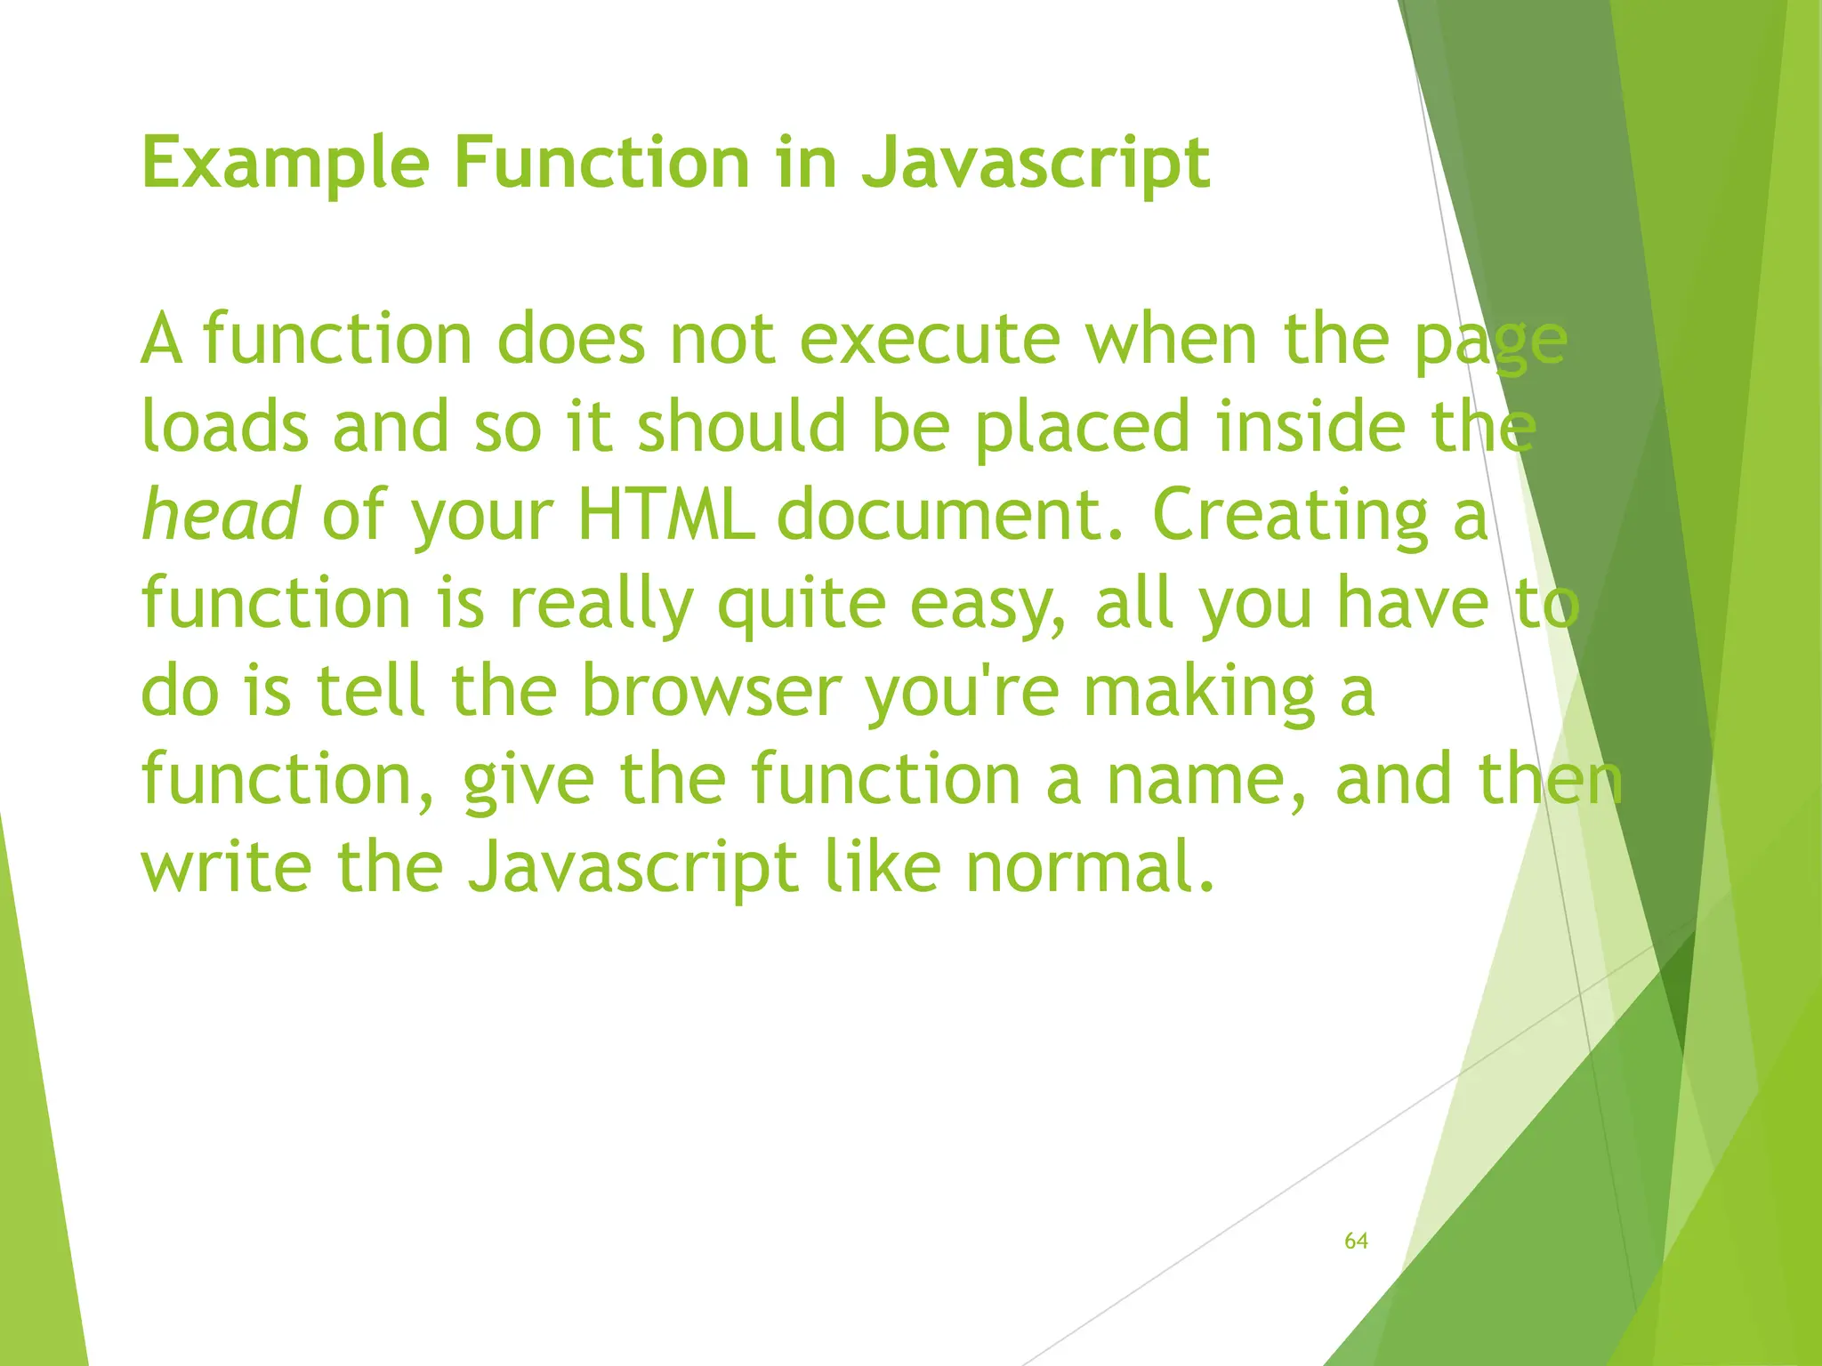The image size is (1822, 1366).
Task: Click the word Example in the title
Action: click(x=285, y=165)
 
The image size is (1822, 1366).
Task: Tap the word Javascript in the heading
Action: click(x=1036, y=165)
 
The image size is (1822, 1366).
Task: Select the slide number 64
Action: click(x=1356, y=1241)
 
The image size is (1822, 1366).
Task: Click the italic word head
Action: click(x=221, y=515)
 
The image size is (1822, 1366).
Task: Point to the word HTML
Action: click(x=666, y=515)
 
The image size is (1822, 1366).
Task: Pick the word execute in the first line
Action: click(x=930, y=340)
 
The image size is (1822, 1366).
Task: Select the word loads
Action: click(x=225, y=427)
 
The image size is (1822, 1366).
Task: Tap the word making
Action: click(x=1199, y=693)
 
